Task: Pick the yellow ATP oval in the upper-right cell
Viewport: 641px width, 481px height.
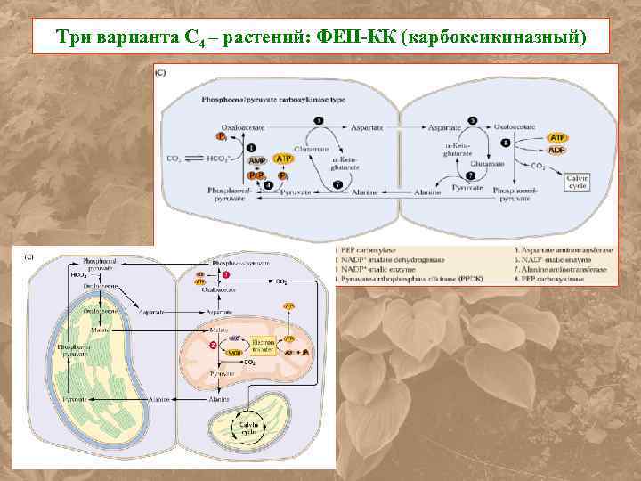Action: click(x=558, y=138)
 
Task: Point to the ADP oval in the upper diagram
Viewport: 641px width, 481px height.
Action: click(x=558, y=150)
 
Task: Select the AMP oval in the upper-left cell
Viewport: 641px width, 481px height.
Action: click(x=256, y=160)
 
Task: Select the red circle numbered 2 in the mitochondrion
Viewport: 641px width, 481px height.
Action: click(x=213, y=344)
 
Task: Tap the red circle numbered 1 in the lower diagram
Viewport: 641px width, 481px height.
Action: click(x=226, y=276)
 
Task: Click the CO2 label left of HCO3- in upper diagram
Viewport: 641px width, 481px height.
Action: click(x=174, y=159)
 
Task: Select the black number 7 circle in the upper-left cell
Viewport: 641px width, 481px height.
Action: click(x=337, y=183)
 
